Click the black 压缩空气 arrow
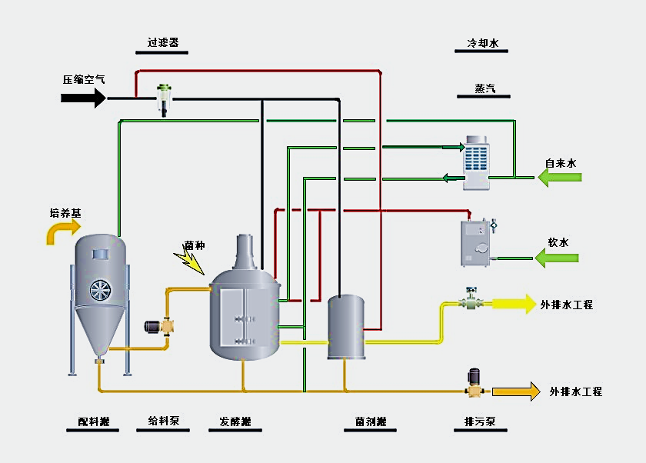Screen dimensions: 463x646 tap(83, 98)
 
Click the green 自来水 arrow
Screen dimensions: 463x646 tap(559, 178)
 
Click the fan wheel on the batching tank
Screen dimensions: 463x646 tap(100, 289)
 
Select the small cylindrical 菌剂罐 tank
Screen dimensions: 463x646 tap(345, 326)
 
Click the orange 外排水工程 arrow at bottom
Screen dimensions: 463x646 tap(516, 391)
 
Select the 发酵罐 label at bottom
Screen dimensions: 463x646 tap(235, 421)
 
